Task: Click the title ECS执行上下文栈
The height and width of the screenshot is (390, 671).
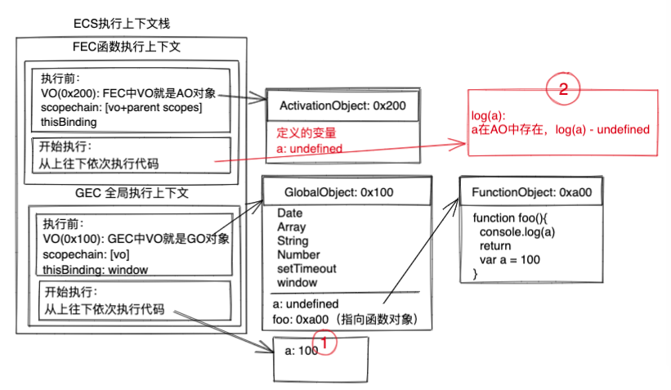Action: point(121,24)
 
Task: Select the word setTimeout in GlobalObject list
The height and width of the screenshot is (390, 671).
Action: point(306,268)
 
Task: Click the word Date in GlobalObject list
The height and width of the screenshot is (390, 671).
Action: point(289,213)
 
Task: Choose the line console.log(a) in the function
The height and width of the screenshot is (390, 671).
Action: point(517,232)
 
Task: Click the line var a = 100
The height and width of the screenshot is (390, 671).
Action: point(510,260)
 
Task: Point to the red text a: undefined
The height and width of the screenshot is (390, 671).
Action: point(310,149)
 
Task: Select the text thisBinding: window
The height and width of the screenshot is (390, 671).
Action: point(95,269)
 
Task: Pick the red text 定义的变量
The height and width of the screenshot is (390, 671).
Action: point(306,132)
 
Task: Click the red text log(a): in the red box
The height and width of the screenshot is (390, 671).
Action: point(489,115)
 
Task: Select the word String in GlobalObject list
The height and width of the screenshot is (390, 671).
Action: point(293,240)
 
